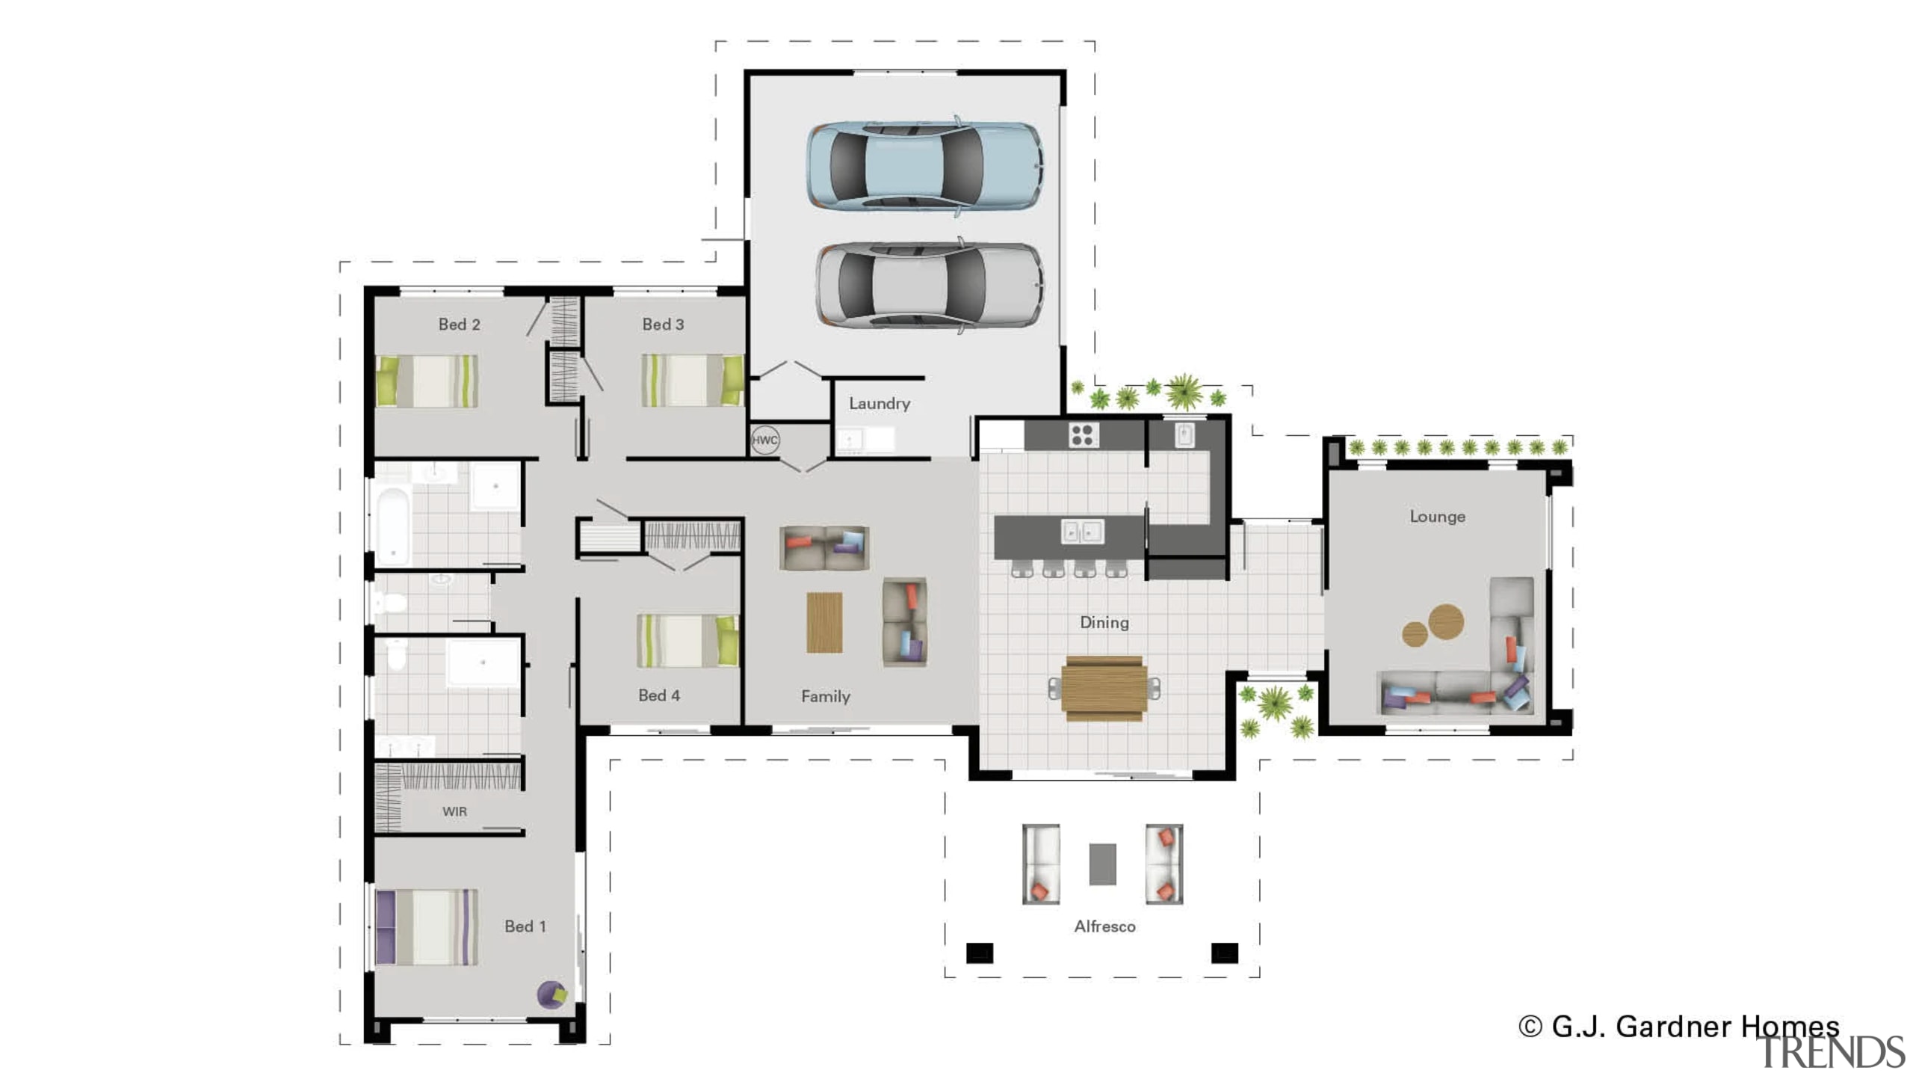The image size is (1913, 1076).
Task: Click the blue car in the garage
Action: coord(924,165)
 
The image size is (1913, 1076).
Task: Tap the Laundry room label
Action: coord(879,403)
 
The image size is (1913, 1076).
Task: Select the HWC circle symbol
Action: coord(764,440)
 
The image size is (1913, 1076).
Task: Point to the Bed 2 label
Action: coord(459,325)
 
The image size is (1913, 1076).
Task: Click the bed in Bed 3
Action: coord(692,380)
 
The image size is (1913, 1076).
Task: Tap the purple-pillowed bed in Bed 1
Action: coord(427,926)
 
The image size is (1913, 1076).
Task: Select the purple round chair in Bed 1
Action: coord(551,994)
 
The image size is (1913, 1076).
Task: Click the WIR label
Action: coord(454,811)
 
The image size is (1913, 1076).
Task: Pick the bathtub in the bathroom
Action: coord(392,526)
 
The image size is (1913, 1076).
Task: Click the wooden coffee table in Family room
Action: coord(824,622)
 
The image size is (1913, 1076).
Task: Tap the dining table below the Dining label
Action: coord(1104,688)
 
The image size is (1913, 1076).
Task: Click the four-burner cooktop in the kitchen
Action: coord(1082,434)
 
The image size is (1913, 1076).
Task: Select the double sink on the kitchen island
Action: coord(1082,532)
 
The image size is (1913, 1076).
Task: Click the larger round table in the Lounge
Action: coord(1446,621)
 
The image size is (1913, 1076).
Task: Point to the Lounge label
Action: coord(1437,517)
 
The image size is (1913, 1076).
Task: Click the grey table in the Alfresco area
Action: coord(1102,864)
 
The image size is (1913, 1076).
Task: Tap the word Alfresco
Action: coord(1104,926)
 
